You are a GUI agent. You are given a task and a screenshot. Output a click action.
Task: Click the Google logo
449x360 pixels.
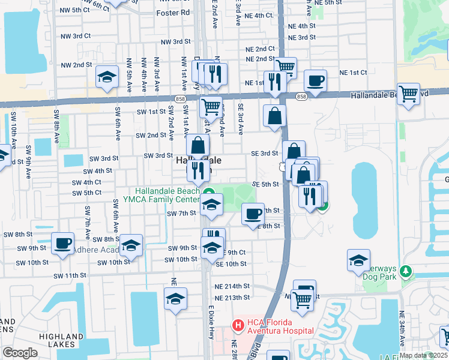(20, 353)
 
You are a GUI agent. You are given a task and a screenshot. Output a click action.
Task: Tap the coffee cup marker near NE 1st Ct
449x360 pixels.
(315, 80)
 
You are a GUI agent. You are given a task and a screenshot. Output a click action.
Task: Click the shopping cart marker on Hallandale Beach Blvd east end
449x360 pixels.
(408, 94)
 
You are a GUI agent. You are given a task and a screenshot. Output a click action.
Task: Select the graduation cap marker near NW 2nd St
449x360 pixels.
(107, 77)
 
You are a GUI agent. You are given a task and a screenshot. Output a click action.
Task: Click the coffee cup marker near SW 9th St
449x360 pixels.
(62, 243)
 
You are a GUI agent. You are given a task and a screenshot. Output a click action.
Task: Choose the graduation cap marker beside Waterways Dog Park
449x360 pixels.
(358, 260)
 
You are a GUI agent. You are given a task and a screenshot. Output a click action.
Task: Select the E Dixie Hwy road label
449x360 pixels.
(211, 334)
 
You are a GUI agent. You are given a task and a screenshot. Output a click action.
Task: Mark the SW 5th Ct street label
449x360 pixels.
(84, 193)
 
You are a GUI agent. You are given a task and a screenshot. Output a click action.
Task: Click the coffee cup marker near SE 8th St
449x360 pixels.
(253, 214)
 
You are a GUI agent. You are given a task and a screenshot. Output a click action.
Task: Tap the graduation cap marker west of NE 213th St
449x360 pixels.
(175, 299)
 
